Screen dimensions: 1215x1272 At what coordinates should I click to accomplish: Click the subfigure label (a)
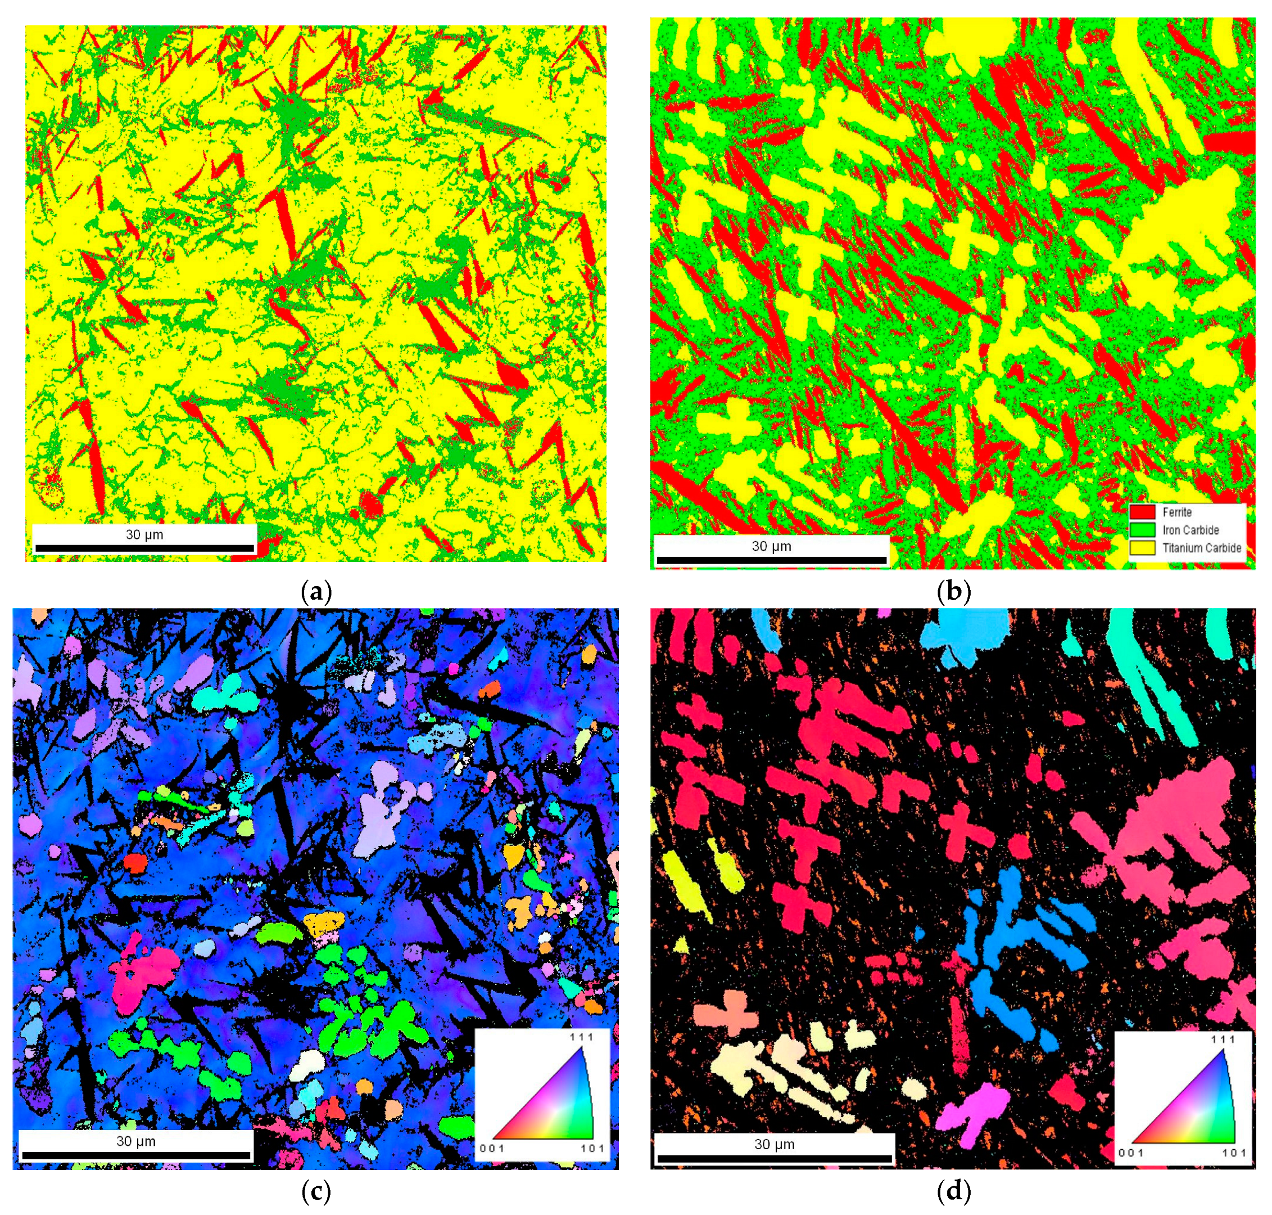[316, 591]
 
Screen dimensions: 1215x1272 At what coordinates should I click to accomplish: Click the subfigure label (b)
[953, 591]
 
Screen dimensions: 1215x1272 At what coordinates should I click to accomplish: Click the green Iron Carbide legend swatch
[1142, 530]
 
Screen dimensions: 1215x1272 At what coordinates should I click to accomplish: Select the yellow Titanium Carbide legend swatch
[1142, 548]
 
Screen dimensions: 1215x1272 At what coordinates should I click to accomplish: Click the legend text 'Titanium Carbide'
[1201, 548]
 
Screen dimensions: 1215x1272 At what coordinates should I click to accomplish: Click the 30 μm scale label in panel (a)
[144, 534]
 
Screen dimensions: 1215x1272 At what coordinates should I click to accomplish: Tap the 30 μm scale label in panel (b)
[771, 546]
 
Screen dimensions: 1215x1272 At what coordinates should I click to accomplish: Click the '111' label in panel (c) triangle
[581, 1036]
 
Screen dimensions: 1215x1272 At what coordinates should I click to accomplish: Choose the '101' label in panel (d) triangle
[1234, 1152]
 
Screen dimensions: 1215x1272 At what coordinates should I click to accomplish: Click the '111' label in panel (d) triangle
[1223, 1039]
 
